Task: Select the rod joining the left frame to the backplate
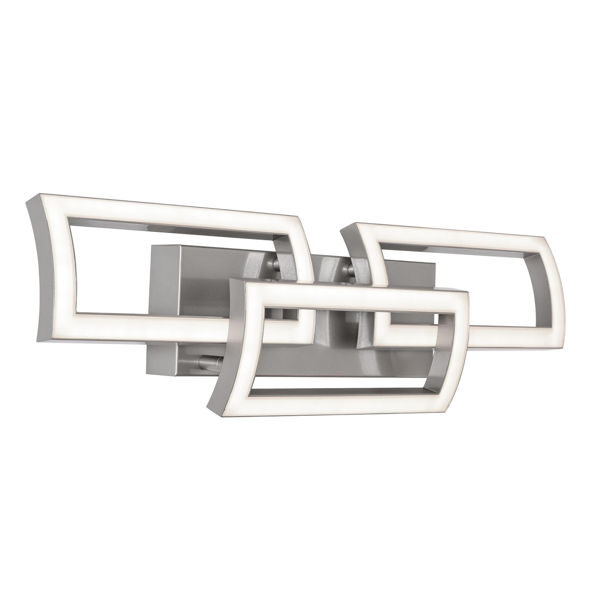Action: pyautogui.click(x=274, y=262)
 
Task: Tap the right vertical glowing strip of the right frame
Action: pyautogui.click(x=545, y=297)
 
